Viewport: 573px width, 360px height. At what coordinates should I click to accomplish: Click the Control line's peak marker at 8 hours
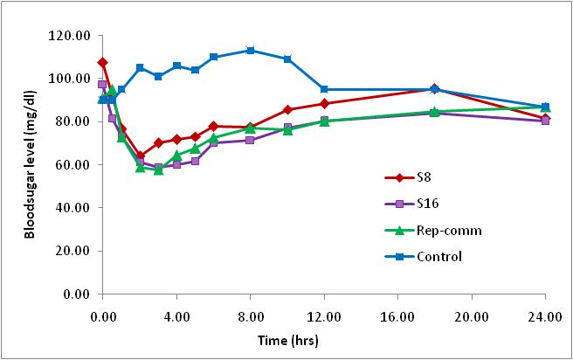point(251,51)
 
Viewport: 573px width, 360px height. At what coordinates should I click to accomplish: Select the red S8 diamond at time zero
point(103,63)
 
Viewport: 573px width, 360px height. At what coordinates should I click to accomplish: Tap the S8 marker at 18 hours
point(435,89)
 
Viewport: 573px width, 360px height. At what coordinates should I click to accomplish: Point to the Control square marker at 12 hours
point(324,89)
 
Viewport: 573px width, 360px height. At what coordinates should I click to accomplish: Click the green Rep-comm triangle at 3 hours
point(158,170)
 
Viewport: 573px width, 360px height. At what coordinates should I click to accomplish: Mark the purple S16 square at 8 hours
point(251,140)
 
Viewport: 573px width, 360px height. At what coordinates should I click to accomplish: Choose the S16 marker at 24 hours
point(545,121)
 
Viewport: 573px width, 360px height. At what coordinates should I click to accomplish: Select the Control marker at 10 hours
point(287,59)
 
